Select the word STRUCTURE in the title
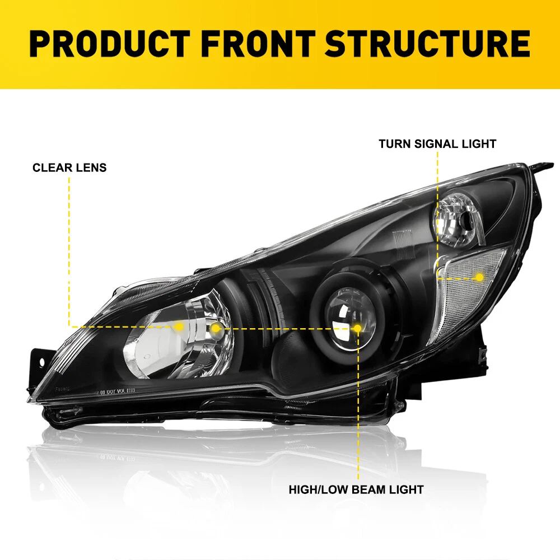click(x=427, y=44)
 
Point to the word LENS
click(x=90, y=167)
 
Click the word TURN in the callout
click(x=394, y=144)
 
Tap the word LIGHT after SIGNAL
click(x=482, y=144)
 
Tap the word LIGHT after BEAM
click(x=406, y=489)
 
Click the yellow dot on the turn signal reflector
click(x=479, y=277)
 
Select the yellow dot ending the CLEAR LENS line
click(x=179, y=326)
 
